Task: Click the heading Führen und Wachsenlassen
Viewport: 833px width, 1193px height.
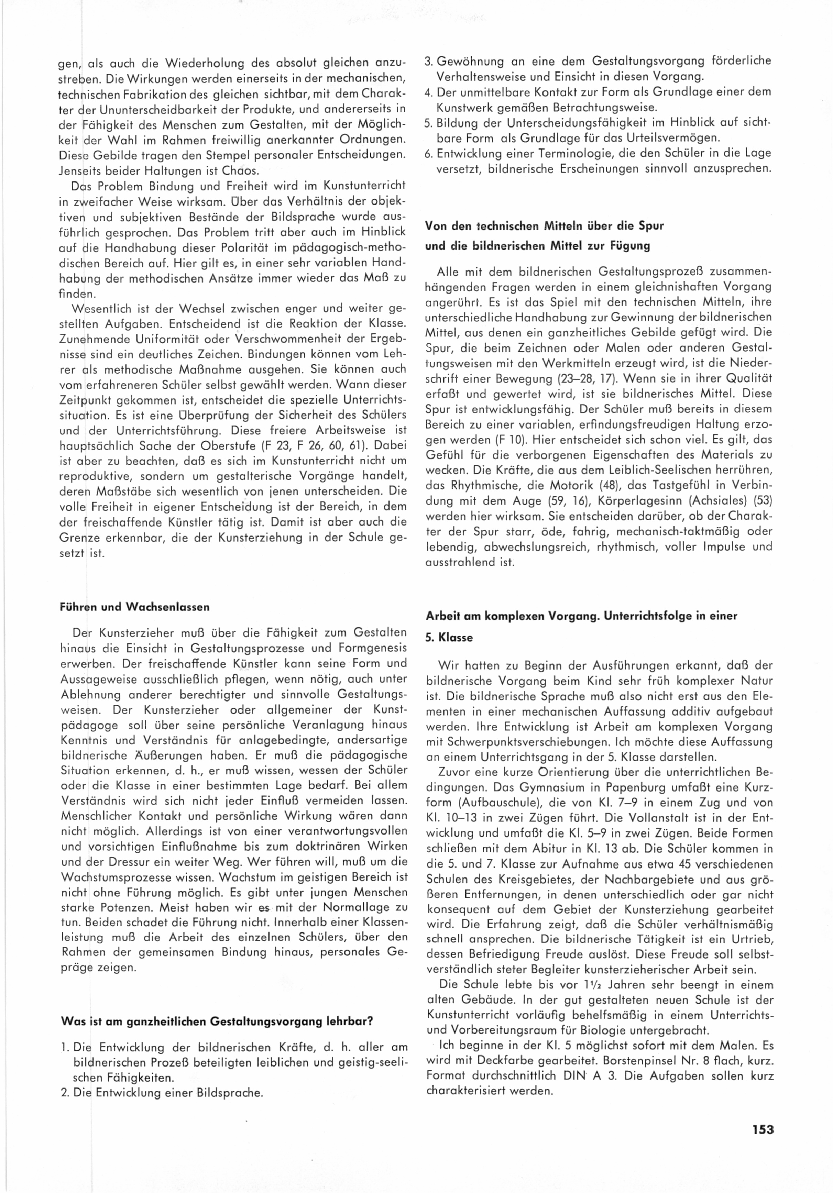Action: click(135, 606)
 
